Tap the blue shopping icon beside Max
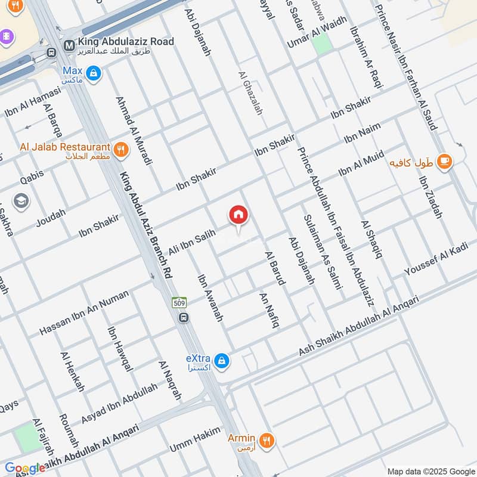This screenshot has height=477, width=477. coord(93,74)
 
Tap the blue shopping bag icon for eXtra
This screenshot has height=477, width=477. coord(222,361)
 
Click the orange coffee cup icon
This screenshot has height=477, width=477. coord(444,161)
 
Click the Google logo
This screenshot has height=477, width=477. coord(24,467)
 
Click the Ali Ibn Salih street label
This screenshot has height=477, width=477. coord(192,244)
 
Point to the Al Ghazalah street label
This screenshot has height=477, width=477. coord(250,93)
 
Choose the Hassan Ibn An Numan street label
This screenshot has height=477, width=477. coord(83,312)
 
